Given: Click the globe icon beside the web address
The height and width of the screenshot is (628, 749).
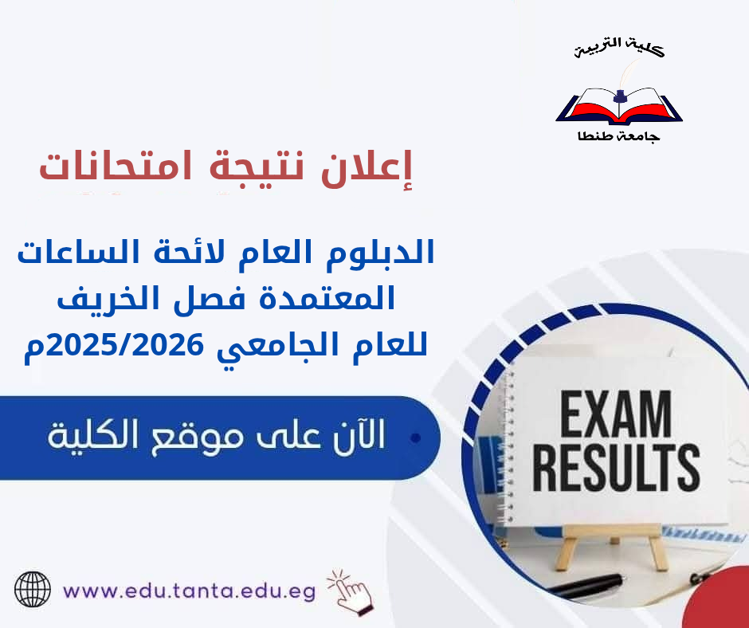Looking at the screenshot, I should [33, 591].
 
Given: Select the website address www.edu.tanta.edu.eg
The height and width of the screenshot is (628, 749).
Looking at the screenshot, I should [189, 591].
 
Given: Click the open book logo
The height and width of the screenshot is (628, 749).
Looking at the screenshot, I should [619, 108].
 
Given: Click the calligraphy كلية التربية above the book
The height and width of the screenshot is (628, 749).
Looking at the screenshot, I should [620, 49].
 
